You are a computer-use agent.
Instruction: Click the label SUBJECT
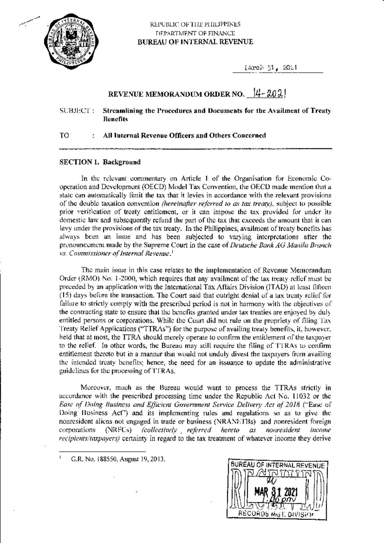coord(76,111)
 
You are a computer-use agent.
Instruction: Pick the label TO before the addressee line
coord(64,135)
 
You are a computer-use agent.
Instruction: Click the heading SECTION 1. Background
coord(100,162)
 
